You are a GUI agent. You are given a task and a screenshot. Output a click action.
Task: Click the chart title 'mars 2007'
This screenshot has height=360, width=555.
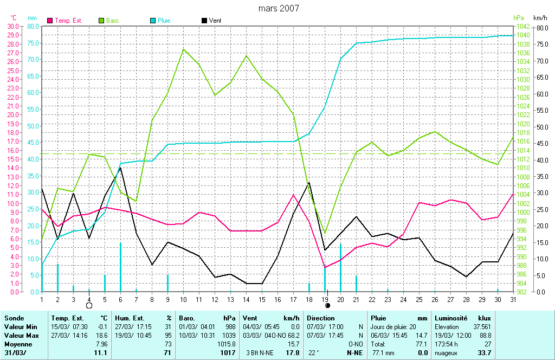click(278, 8)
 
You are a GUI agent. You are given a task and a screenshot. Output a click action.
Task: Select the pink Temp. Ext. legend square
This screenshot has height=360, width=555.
click(50, 21)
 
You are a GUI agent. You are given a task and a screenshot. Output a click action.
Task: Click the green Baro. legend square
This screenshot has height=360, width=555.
click(101, 21)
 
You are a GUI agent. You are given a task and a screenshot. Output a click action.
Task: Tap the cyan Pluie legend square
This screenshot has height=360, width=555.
click(153, 21)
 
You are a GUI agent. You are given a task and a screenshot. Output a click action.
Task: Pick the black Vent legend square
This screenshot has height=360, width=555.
click(204, 21)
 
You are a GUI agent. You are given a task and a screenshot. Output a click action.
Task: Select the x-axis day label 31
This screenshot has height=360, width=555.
click(513, 299)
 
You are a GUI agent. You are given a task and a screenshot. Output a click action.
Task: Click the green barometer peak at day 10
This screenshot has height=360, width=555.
click(183, 49)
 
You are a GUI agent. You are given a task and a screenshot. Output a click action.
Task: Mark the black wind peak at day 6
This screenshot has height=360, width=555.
click(120, 168)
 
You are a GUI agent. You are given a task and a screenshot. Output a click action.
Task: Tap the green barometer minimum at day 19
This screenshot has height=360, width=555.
click(325, 233)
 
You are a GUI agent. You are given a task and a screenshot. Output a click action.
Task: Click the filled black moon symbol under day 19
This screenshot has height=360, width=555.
click(327, 306)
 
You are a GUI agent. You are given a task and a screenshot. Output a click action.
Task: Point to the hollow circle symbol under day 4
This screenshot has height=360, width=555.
click(89, 306)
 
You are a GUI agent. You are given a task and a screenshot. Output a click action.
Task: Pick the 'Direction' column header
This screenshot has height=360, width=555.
click(322, 318)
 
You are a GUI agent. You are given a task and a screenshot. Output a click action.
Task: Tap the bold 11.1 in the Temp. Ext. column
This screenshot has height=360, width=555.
click(101, 353)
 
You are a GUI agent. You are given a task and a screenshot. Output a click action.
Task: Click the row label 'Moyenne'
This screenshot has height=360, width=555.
click(18, 344)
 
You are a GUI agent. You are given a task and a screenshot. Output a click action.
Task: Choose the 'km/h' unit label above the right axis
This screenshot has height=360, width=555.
click(540, 18)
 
